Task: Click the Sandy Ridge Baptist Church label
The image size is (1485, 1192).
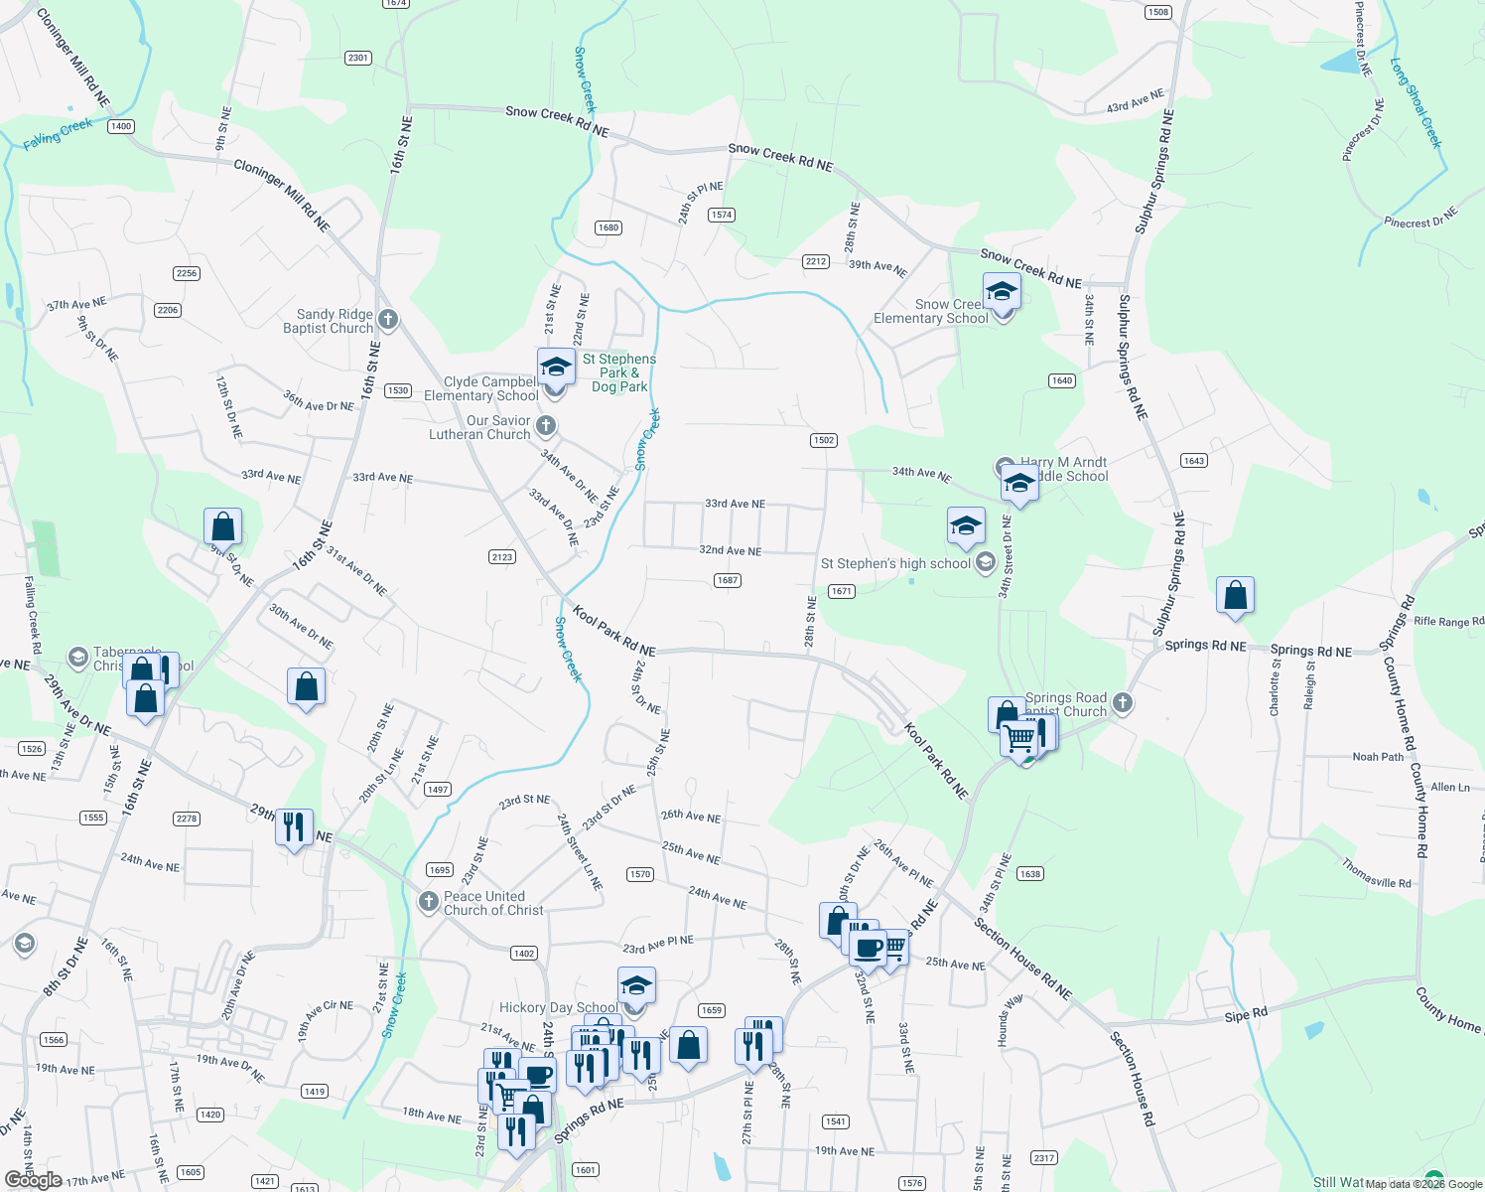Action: [328, 321]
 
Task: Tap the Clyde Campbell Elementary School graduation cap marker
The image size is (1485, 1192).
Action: [556, 368]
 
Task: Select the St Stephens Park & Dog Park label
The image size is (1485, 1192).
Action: [619, 372]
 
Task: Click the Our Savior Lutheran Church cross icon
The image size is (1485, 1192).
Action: [545, 427]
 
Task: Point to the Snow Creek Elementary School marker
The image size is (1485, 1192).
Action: [1002, 292]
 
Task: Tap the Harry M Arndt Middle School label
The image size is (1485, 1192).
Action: [1063, 469]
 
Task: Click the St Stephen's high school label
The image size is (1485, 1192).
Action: [895, 563]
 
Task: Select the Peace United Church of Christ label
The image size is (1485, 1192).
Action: [493, 903]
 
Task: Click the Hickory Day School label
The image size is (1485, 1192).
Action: [558, 1007]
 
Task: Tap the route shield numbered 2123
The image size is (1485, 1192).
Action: [502, 556]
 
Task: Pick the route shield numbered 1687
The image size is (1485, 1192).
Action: [728, 580]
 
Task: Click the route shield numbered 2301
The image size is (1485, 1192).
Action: [358, 58]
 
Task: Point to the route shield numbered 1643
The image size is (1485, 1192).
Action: [1194, 460]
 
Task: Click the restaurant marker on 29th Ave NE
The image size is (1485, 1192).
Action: [294, 826]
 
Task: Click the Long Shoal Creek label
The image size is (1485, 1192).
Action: [1416, 102]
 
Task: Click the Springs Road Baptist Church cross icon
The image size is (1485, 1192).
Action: [1123, 703]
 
